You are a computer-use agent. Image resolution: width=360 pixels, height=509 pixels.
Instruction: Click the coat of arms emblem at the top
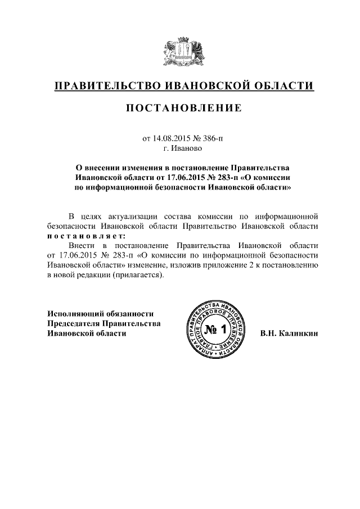point(180,51)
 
